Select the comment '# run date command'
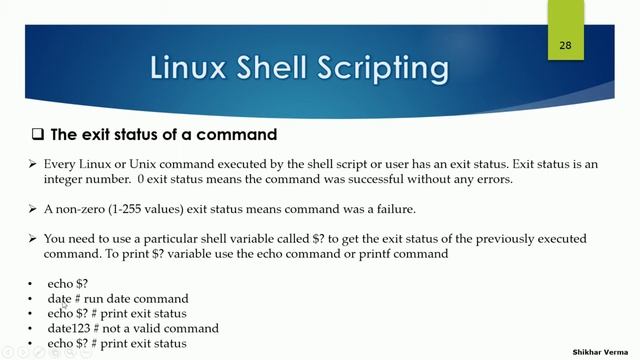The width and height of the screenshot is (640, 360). [131, 298]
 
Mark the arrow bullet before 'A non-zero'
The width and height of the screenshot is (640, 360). [33, 209]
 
